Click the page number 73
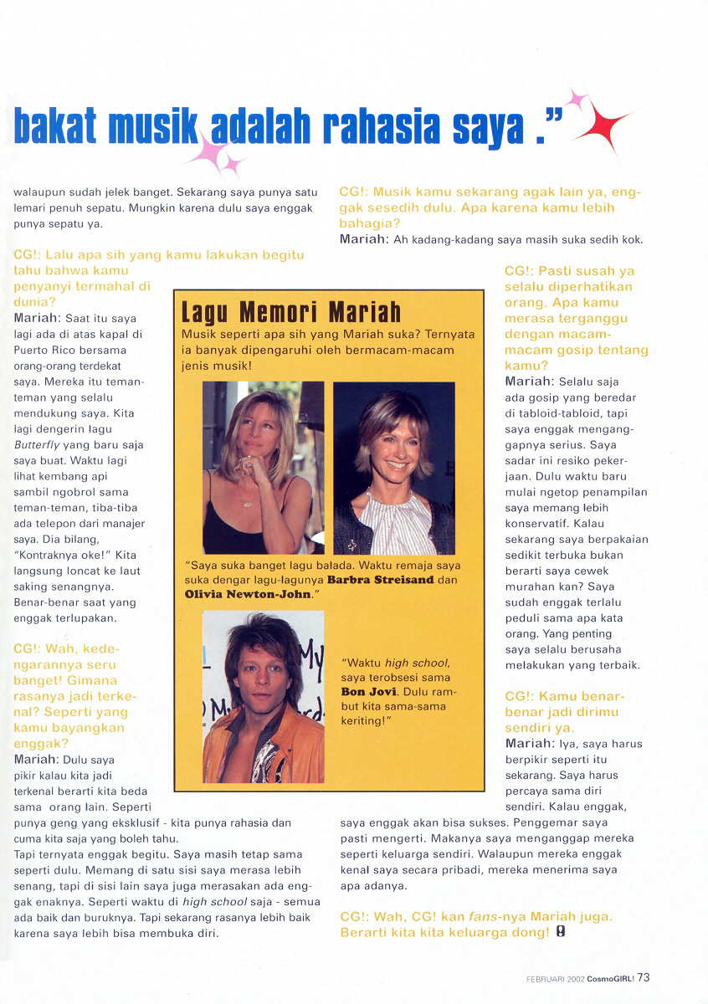[x=644, y=977]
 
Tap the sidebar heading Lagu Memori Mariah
[x=291, y=313]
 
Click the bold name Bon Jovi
[x=364, y=692]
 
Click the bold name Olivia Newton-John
[x=247, y=594]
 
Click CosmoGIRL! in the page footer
[x=609, y=978]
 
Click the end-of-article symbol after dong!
[x=561, y=932]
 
